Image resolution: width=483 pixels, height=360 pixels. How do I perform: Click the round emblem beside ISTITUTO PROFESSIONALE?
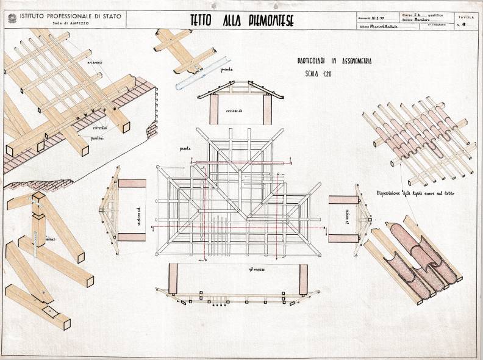click(x=12, y=18)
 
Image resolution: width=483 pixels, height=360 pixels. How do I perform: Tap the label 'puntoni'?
click(x=95, y=140)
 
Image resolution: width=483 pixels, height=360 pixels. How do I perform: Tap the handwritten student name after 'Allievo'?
click(x=388, y=27)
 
